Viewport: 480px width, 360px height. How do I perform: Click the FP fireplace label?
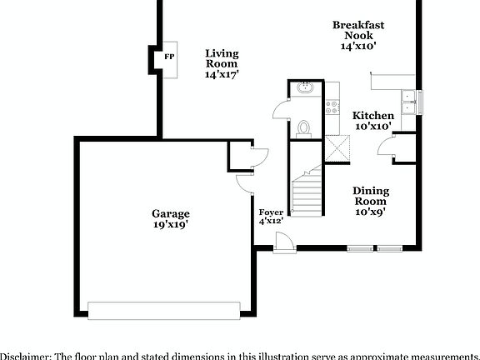pos(169,57)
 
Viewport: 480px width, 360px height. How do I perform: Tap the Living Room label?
pos(222,58)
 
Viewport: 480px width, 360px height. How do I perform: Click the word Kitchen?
pos(372,115)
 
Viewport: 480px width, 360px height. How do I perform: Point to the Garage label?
pos(170,213)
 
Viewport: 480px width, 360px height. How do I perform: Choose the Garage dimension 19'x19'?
pos(170,224)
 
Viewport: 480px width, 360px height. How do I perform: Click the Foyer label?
pos(271,212)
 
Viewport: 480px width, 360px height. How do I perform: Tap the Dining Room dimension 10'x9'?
pos(370,212)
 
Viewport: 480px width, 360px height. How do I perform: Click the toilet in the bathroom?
pos(304,127)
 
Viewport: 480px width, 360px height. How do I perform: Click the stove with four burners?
pos(331,107)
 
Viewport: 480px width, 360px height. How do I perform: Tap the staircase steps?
pos(306,192)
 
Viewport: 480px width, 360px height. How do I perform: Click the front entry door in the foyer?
pos(284,241)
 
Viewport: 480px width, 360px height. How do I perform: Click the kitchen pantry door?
pos(387,147)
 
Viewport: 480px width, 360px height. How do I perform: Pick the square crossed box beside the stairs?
pos(337,148)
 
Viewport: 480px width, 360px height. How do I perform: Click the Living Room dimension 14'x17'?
pos(222,74)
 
